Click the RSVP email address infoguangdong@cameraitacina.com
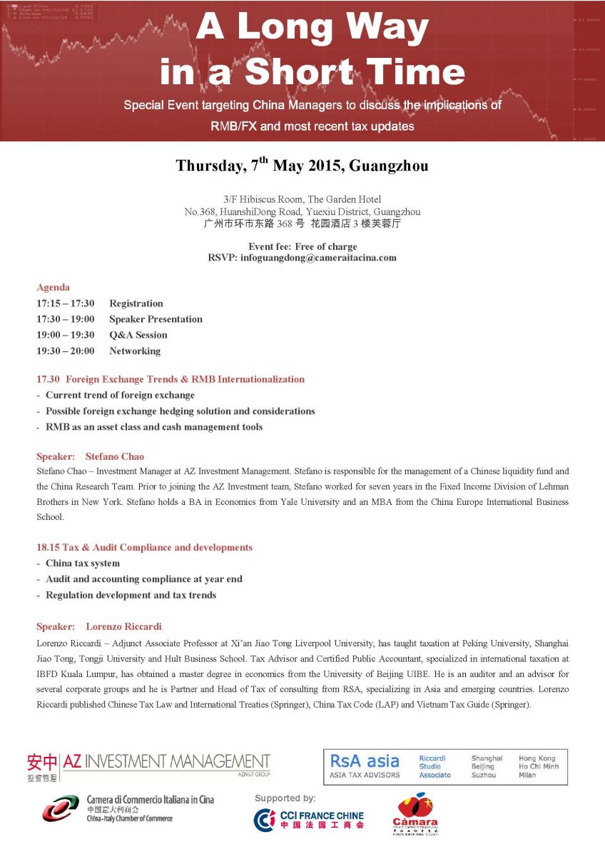[318, 258]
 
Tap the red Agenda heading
[53, 287]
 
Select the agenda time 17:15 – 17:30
[66, 304]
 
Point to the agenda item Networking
[135, 351]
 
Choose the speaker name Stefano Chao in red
[115, 456]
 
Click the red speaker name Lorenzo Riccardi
[123, 626]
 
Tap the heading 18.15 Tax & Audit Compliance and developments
[144, 548]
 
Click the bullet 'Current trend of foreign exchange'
[120, 395]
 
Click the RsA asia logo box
[445, 767]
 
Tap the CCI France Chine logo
[309, 820]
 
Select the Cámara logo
[415, 814]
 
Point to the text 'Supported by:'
[285, 798]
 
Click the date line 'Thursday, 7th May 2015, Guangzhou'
[302, 166]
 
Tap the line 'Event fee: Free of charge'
[302, 247]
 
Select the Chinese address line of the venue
[302, 224]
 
